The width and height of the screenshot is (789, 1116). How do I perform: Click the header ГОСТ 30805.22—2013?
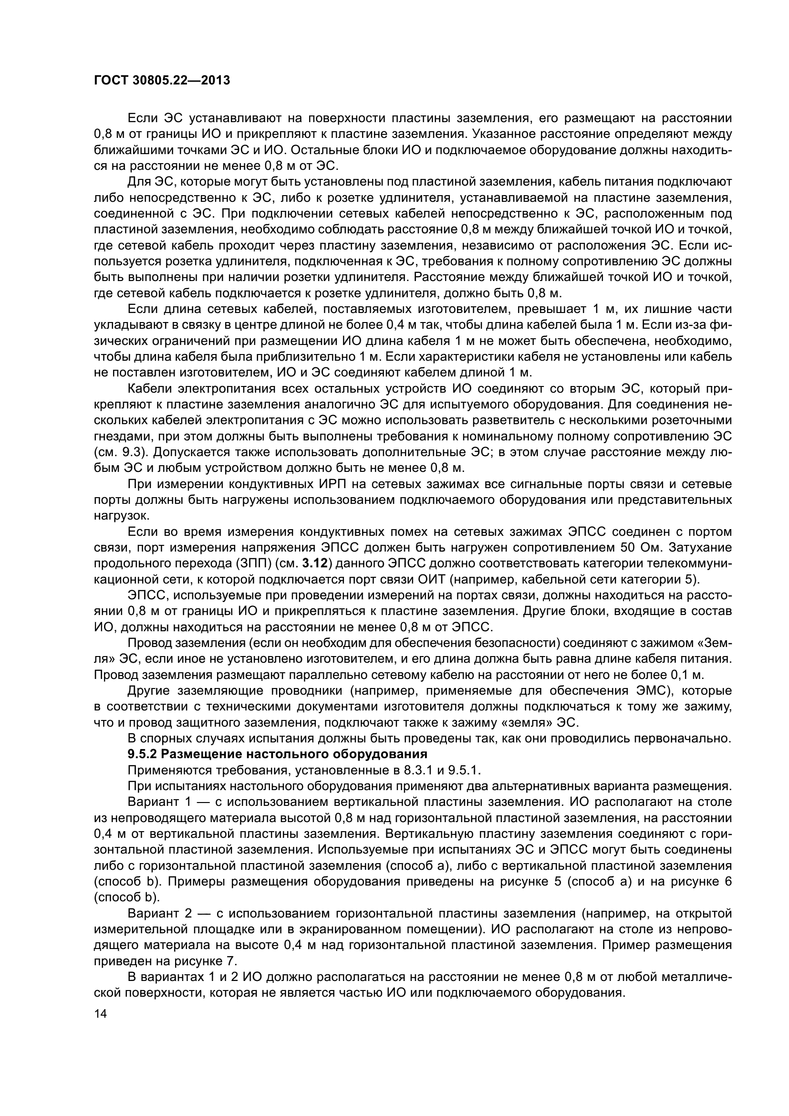162,81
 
